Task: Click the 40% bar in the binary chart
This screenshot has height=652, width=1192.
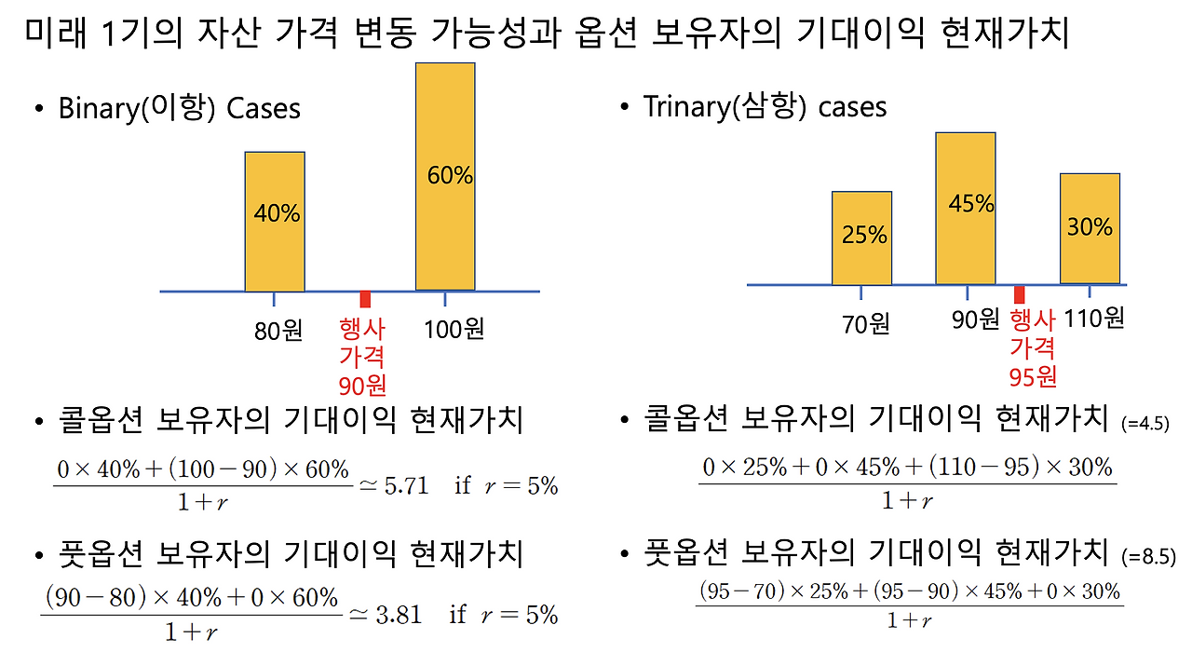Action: coord(275,222)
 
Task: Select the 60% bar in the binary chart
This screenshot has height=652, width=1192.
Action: coord(445,177)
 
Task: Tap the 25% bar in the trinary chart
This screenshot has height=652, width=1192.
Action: coord(861,238)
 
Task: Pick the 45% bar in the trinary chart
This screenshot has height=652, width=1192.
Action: coord(966,208)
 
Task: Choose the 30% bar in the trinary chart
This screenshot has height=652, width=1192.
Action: coord(1090,228)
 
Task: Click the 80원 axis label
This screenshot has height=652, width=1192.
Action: coord(278,331)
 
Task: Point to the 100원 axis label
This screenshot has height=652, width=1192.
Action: coord(454,329)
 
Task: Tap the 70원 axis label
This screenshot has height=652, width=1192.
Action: coord(865,324)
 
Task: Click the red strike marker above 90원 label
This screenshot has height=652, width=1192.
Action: coord(365,299)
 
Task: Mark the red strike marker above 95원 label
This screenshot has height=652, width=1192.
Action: coord(1020,292)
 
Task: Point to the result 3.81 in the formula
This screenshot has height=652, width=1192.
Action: coord(398,614)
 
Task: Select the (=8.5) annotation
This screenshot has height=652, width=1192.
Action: coord(1148,557)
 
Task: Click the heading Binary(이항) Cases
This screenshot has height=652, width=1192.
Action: coord(179,108)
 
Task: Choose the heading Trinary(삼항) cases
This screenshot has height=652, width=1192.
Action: coord(765,106)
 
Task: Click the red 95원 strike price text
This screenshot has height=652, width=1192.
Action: coord(1032,376)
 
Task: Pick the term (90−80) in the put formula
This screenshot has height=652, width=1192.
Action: coord(94,597)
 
